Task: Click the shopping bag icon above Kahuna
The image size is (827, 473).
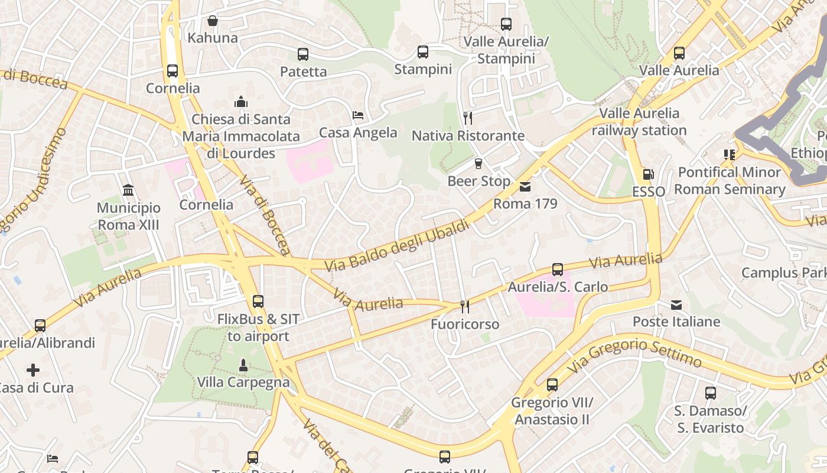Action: [213, 21]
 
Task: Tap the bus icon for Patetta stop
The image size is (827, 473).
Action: [303, 54]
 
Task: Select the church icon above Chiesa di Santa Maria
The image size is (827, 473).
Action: [240, 102]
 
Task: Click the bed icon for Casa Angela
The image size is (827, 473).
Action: [357, 115]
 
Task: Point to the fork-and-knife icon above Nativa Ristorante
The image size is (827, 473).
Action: [468, 118]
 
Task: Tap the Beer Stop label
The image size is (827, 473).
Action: [478, 181]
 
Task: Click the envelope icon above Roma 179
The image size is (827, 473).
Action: [525, 187]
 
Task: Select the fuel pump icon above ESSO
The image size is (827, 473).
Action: [648, 174]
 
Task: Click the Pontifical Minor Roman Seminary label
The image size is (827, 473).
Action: [730, 181]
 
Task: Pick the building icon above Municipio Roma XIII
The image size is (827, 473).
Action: [128, 190]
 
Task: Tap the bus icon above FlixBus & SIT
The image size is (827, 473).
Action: [258, 302]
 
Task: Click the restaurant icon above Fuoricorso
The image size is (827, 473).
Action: [465, 307]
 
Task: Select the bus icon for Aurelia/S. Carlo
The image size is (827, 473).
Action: [557, 270]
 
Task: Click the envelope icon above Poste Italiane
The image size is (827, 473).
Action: [676, 305]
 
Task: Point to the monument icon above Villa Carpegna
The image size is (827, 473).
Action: [243, 365]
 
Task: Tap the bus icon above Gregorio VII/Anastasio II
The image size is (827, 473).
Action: [552, 385]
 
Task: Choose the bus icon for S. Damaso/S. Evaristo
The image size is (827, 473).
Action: [711, 393]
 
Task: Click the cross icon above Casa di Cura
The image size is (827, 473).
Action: [33, 371]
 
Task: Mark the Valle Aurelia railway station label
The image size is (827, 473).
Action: [639, 122]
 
